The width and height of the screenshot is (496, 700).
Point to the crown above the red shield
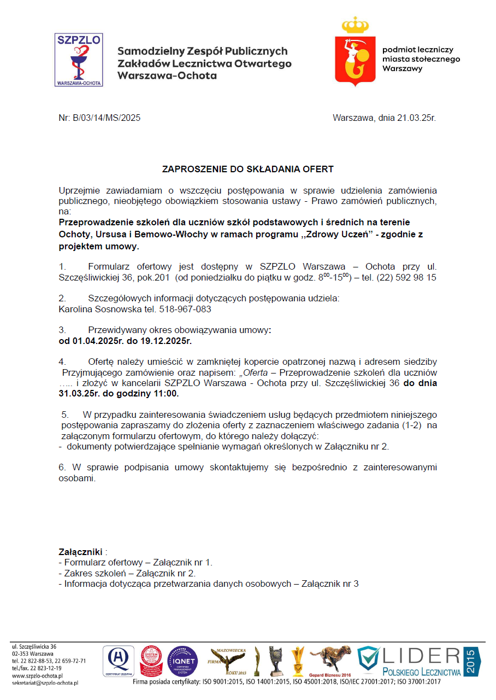[x=356, y=25]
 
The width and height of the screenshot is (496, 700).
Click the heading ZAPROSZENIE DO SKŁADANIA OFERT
[x=247, y=170]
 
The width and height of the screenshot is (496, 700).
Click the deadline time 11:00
[x=164, y=393]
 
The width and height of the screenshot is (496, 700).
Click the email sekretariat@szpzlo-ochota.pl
[x=45, y=683]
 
